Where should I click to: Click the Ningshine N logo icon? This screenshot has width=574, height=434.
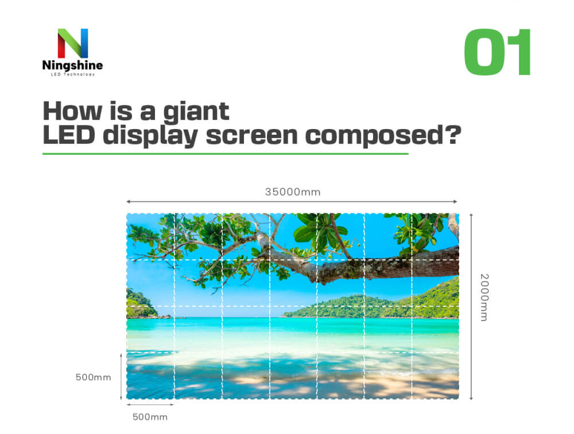[x=73, y=43]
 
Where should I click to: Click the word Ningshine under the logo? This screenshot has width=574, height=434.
[x=72, y=65]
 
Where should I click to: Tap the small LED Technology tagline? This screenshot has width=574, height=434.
[x=72, y=74]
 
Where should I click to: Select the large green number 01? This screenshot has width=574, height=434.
[x=498, y=52]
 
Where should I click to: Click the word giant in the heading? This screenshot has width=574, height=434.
[x=196, y=112]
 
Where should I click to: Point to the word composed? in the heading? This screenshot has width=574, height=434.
[x=383, y=136]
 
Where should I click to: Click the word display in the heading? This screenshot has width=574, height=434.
[x=150, y=136]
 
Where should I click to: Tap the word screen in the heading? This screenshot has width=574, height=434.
[x=252, y=136]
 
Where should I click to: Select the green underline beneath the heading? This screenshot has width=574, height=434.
[x=226, y=154]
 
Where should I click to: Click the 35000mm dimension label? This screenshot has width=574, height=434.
[x=293, y=192]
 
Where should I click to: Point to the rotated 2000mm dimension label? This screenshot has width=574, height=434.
[x=484, y=297]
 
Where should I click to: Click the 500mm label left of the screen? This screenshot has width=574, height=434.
[x=94, y=377]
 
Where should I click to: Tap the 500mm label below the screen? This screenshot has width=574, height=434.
[x=150, y=417]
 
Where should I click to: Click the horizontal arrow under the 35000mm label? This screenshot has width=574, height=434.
[x=292, y=201]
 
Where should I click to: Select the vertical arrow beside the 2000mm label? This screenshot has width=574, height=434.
[x=471, y=306]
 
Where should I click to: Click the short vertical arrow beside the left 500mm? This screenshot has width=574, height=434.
[x=121, y=377]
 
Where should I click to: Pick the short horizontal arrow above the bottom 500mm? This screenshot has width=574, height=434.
[x=150, y=405]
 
